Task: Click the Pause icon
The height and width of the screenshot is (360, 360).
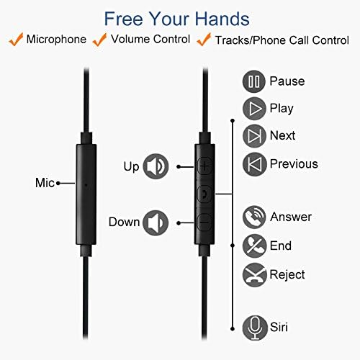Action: tap(253, 81)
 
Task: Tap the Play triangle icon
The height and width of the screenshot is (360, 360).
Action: tap(253, 108)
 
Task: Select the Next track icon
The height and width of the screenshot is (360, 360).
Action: tap(253, 135)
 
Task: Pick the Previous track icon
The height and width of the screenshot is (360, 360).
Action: tap(253, 163)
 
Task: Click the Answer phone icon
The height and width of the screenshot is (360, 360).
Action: tap(253, 216)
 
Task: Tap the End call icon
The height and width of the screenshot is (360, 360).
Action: tap(253, 246)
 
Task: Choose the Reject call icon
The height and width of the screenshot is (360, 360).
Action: tap(253, 274)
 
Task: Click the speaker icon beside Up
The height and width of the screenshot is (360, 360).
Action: tap(156, 166)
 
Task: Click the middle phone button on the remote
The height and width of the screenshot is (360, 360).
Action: tap(204, 194)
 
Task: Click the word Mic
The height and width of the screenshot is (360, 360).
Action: tap(45, 183)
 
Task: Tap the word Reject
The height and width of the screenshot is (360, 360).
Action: tap(287, 274)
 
